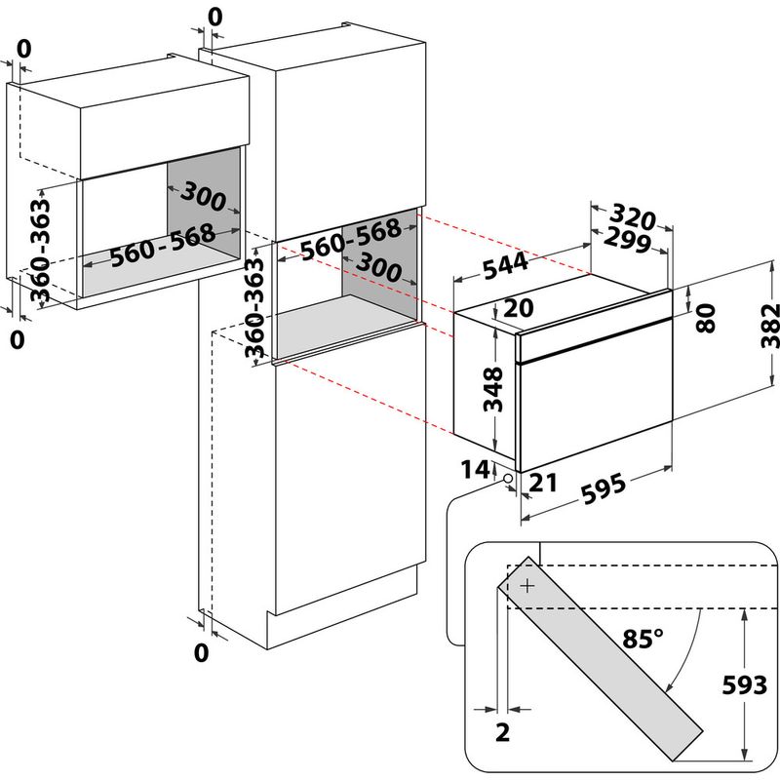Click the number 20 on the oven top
point(519,309)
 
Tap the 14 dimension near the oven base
point(475,470)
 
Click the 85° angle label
point(643,639)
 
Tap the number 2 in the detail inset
point(502,733)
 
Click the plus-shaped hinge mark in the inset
point(527,586)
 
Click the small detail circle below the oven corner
point(509,478)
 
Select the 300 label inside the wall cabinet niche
point(203,199)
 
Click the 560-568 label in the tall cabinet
point(350,240)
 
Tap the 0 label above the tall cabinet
point(215,17)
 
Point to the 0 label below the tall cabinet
point(201,652)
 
